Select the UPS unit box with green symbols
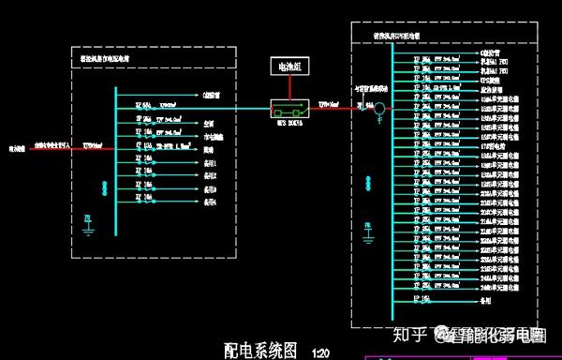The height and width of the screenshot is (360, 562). [x=288, y=108]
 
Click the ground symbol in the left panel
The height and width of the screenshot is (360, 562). [x=87, y=221]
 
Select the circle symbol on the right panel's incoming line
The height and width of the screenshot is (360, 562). [x=380, y=109]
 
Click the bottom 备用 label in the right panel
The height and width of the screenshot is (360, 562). [x=485, y=303]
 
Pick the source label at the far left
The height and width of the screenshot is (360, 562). [x=18, y=147]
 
